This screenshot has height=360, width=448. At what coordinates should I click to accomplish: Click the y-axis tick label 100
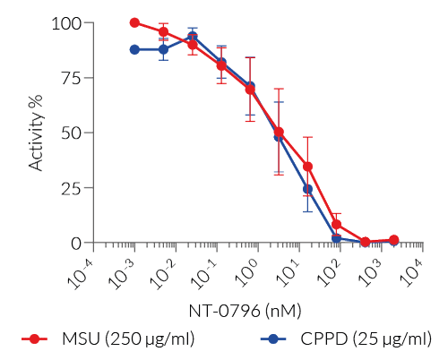tap(67, 22)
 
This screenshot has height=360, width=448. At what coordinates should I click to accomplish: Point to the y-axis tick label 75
tap(72, 78)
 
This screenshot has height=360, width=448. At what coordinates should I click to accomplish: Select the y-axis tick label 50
tap(72, 133)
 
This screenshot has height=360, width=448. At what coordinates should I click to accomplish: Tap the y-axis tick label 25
tap(72, 188)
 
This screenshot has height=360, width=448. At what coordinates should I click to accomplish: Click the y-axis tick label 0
tap(76, 243)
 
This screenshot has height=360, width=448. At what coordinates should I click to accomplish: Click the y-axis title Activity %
tap(37, 133)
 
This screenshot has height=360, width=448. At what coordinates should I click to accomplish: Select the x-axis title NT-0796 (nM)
tap(245, 311)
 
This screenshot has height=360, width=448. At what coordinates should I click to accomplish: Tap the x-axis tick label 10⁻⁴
tap(82, 266)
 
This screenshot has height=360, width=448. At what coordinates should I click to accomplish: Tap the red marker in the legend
tap(35, 339)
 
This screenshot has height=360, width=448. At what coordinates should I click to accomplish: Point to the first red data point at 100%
tap(134, 22)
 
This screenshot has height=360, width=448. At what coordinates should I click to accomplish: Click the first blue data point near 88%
tap(134, 49)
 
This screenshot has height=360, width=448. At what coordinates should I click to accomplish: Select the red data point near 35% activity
tap(307, 167)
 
